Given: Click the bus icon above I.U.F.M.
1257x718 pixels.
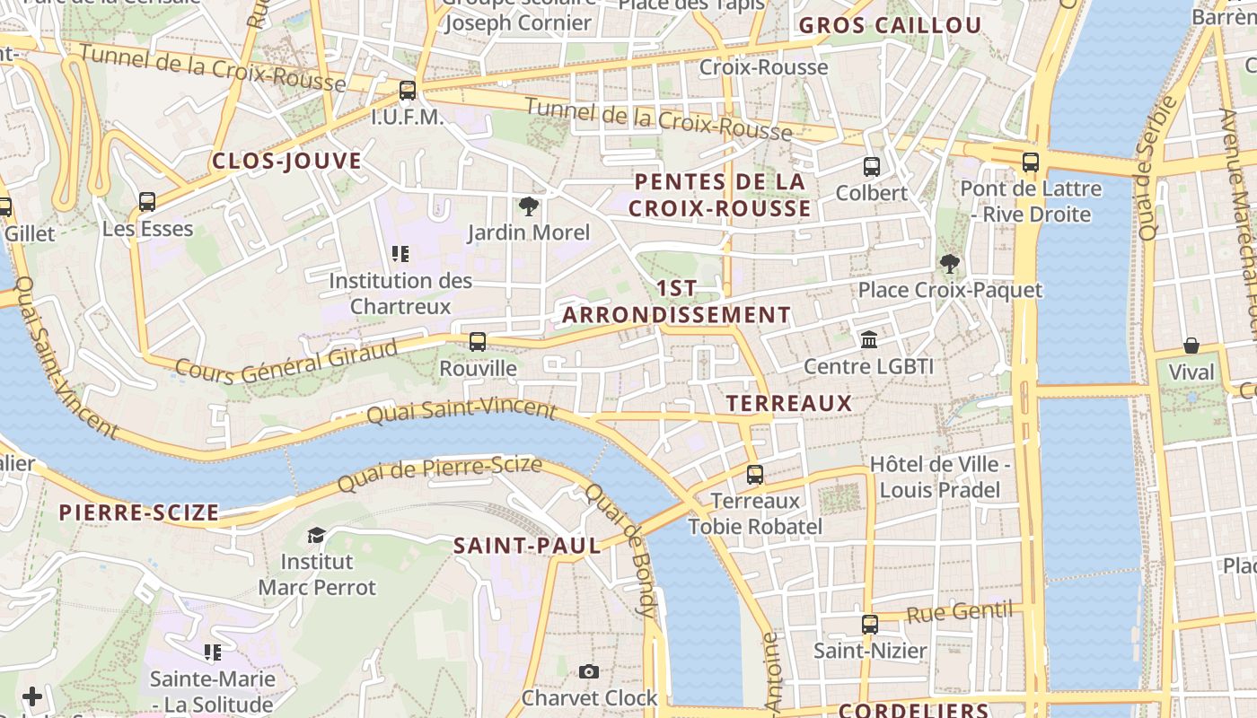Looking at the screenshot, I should coord(408,91).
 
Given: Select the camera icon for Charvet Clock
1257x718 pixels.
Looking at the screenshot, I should coord(588,671).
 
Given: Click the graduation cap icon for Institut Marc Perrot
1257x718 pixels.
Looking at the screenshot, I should coord(316,536).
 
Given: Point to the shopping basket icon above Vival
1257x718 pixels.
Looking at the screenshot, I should coord(1191,346).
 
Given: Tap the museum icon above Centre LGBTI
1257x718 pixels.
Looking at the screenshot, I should coord(869,340).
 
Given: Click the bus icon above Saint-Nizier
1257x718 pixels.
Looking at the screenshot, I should coord(869,625).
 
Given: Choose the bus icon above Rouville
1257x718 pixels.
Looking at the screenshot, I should coord(478,342).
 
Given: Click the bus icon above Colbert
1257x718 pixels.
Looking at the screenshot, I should coord(871,167).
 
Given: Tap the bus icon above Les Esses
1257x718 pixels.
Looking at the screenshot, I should coord(147,203).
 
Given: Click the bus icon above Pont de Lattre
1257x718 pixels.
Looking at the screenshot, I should coord(1030,163).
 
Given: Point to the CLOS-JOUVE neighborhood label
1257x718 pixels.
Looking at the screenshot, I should coord(286,162).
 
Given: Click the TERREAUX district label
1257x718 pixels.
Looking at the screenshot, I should coord(789,404).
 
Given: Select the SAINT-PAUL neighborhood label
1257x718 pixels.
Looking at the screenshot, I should coord(527,546).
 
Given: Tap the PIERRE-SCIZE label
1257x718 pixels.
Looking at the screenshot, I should coord(139,513).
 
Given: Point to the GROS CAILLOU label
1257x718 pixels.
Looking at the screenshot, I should coord(890,26).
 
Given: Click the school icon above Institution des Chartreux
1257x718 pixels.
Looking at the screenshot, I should coord(400,255).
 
